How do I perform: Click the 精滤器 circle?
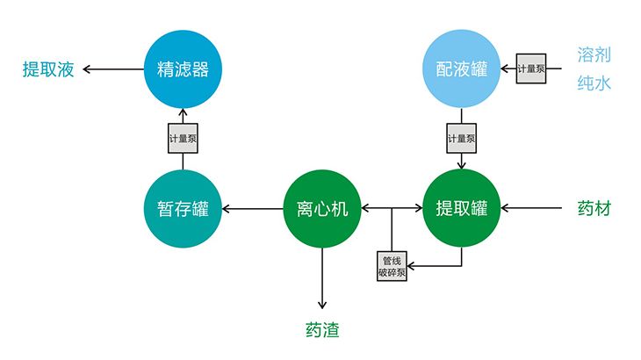182,68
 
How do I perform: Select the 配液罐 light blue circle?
462,68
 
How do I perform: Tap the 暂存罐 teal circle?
182,209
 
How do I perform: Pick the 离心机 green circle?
322,209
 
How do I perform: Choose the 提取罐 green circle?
462,209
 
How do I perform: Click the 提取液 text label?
47,69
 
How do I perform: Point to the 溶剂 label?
594,54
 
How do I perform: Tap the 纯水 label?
594,85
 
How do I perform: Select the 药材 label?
594,209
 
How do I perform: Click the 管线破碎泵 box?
392,265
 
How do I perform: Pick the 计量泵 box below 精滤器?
183,138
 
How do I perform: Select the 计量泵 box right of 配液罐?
530,68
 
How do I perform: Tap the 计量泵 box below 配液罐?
462,138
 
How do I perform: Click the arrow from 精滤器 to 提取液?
114,68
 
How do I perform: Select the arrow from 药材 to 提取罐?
531,209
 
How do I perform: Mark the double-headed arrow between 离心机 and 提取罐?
392,209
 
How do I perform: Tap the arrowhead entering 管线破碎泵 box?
413,265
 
